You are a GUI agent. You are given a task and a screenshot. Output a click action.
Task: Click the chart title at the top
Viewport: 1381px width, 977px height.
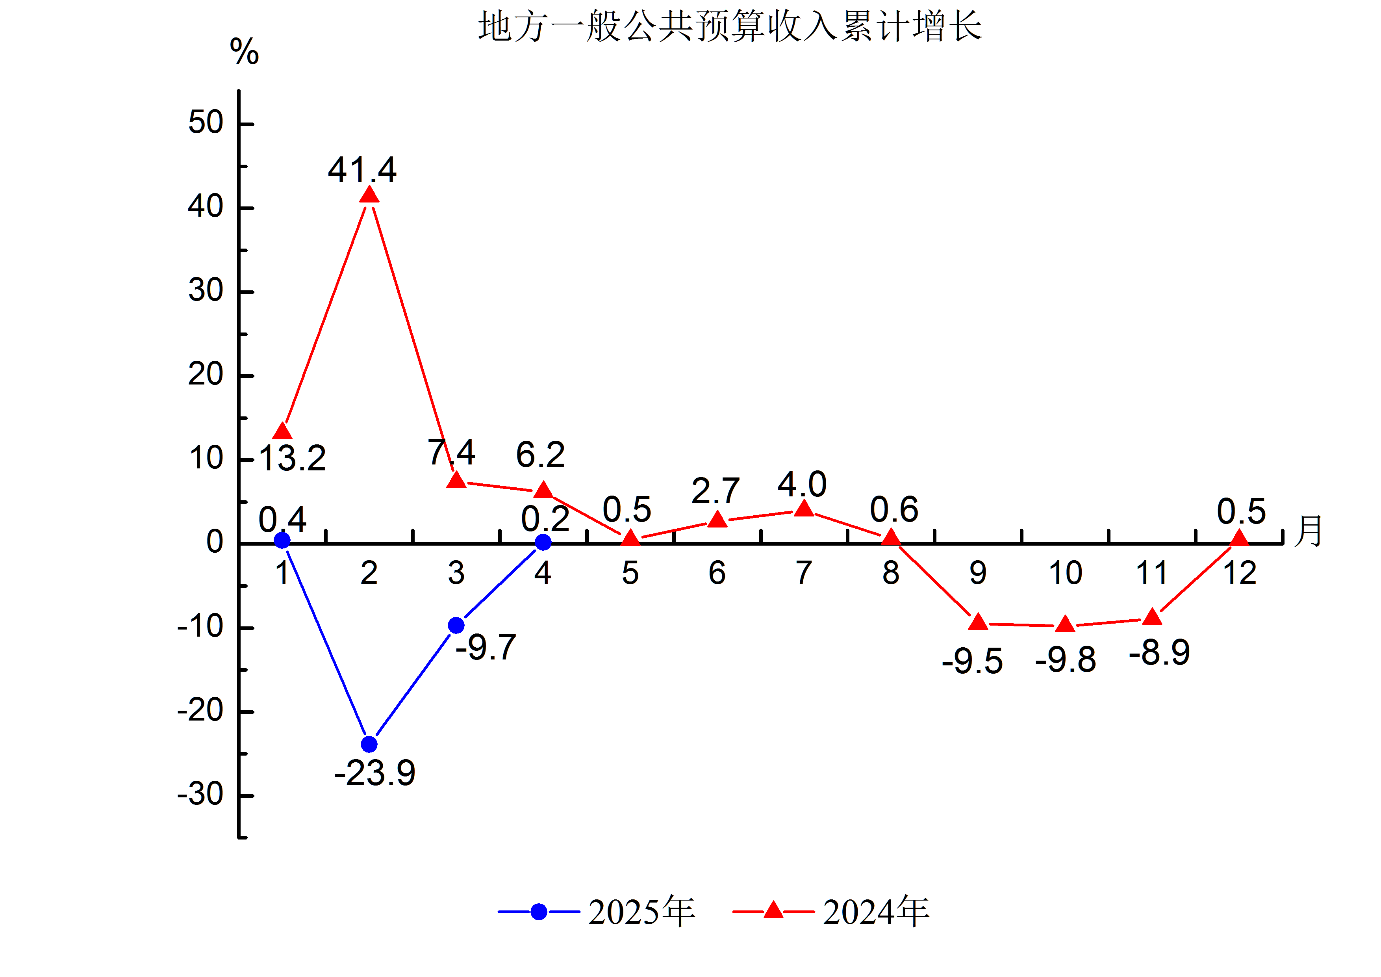tap(730, 27)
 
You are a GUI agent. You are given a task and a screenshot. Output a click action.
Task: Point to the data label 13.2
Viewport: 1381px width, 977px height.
tap(292, 459)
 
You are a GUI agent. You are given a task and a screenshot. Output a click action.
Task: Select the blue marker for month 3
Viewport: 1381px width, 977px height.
tap(456, 625)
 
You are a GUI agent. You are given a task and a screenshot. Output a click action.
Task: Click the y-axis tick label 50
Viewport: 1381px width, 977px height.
tap(206, 123)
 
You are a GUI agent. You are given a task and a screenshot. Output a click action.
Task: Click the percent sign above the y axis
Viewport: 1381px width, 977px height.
tap(244, 52)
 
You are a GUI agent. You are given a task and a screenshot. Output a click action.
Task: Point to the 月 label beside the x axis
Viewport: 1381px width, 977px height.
tap(1309, 531)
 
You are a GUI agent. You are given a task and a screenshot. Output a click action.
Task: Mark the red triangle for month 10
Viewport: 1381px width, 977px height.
tap(1065, 624)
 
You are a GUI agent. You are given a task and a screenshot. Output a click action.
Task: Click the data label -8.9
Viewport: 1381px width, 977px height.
tap(1159, 653)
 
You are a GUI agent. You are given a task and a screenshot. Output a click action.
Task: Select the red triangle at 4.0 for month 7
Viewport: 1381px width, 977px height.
tap(804, 509)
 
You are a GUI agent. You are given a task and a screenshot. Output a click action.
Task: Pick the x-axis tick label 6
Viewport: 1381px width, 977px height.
tap(717, 573)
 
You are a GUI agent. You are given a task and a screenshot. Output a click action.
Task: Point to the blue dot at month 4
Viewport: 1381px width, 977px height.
tap(543, 542)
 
